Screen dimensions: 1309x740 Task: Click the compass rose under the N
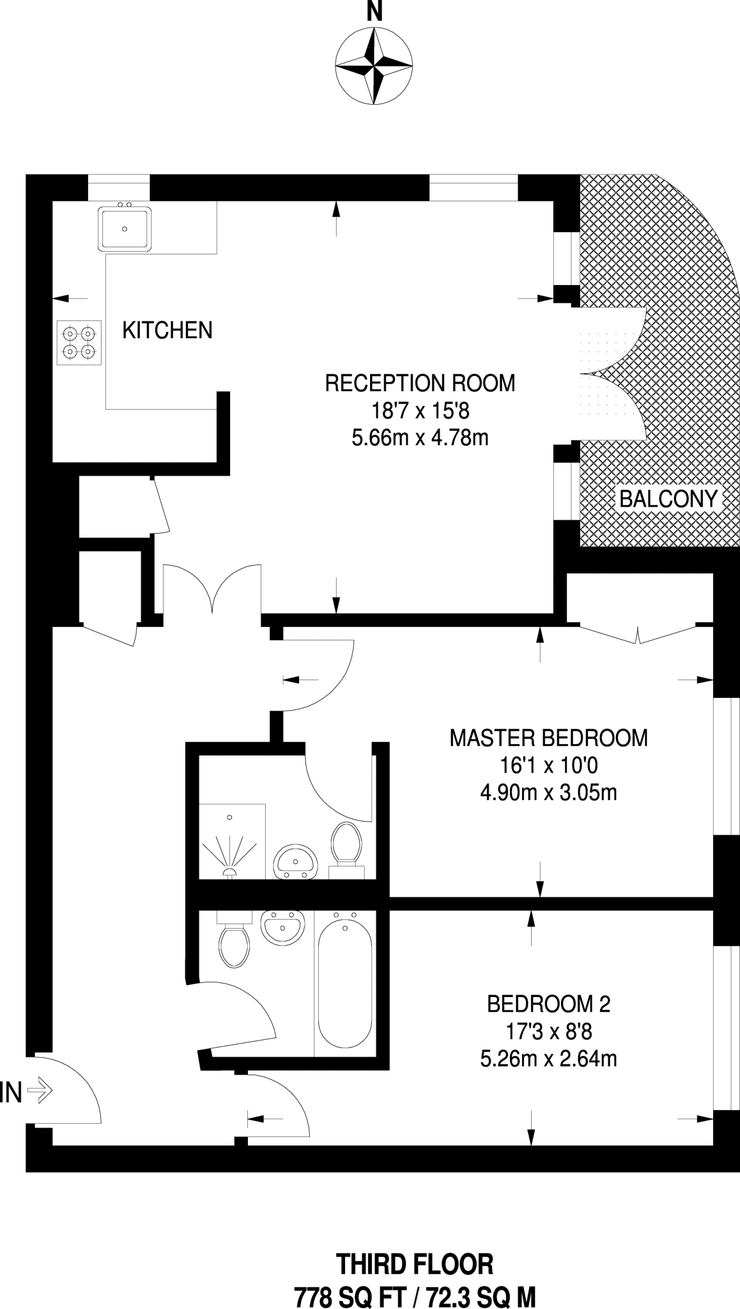point(373,64)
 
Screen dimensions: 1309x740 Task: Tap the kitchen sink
point(125,228)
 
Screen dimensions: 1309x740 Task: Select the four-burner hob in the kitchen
point(79,342)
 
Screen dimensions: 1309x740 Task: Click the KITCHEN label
point(167,330)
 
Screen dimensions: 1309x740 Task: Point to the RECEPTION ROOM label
point(420,383)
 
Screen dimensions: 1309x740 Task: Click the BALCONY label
point(668,499)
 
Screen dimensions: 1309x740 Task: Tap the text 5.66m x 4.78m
point(420,438)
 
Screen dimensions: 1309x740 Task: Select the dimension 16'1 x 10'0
point(548,765)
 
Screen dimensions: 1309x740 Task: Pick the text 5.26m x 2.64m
point(548,1059)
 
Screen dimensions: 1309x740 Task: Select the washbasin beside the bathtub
point(282,926)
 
